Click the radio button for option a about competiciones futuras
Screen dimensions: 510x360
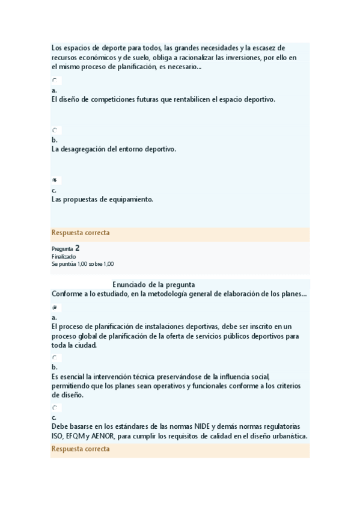coord(55,80)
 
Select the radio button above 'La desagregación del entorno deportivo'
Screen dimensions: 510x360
coord(55,130)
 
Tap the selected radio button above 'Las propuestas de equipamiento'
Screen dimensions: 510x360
coord(55,180)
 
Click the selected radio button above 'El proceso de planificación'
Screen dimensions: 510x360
coord(55,307)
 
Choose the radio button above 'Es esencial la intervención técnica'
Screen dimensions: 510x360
coord(55,357)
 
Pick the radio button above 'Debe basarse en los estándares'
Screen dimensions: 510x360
coord(55,407)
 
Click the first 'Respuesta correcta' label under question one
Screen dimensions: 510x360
coord(81,233)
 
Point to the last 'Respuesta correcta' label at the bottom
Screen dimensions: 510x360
coord(81,449)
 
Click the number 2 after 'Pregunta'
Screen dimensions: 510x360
coord(78,247)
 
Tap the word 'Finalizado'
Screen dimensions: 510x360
coord(64,256)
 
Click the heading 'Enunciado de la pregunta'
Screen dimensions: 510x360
coord(153,284)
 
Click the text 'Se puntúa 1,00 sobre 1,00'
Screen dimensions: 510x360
coord(83,263)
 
